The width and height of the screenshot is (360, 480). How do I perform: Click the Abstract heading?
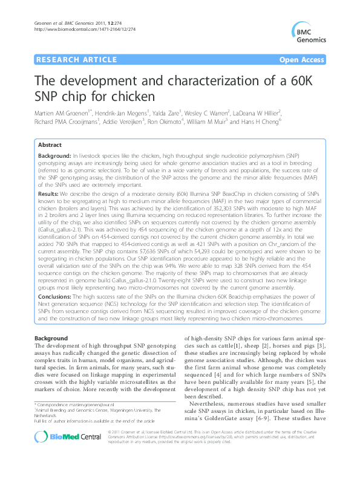coord(50,146)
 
